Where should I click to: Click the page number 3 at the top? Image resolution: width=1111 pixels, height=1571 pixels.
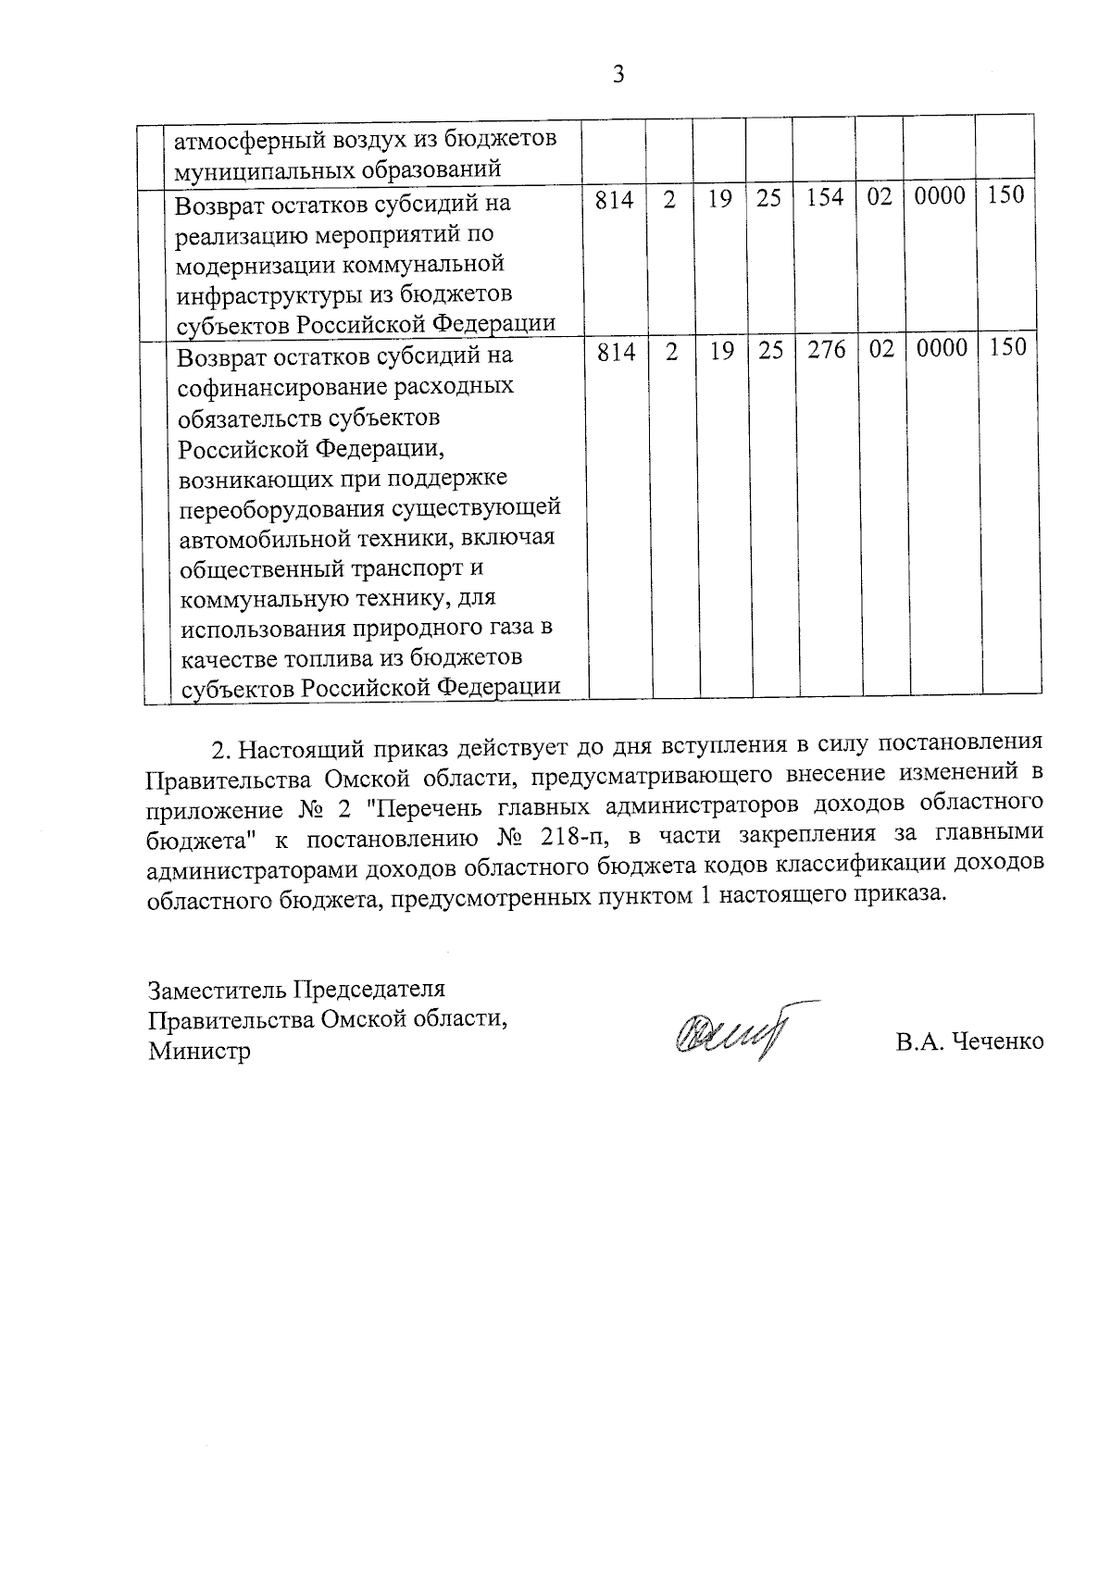coord(618,75)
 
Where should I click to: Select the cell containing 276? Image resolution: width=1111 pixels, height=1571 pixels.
coord(827,350)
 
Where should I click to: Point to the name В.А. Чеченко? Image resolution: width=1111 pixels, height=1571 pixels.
coord(969,1041)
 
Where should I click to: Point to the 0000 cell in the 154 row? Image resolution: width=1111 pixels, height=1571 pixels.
coord(940,196)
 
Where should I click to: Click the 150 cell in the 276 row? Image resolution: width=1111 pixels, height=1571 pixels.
coord(1005,348)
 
